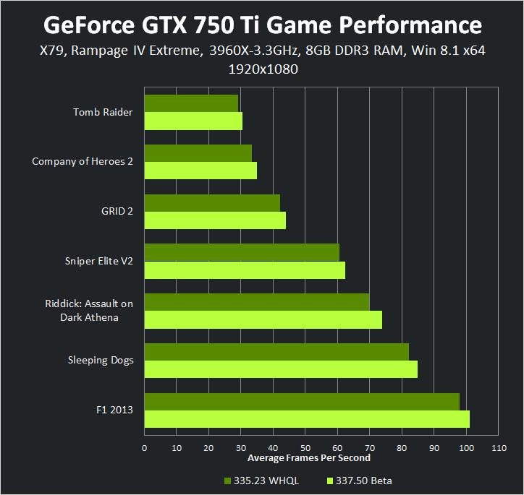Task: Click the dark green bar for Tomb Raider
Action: click(191, 103)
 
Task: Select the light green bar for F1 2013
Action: click(307, 419)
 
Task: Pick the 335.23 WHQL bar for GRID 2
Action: click(212, 203)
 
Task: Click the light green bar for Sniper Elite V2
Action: click(245, 270)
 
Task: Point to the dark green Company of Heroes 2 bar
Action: click(198, 153)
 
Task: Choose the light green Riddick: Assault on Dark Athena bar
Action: click(263, 319)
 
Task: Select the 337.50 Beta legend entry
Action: click(359, 481)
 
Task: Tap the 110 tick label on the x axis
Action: click(498, 449)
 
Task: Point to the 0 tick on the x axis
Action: click(145, 449)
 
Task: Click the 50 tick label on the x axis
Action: click(305, 449)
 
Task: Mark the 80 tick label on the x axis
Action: click(402, 449)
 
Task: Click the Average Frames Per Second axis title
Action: click(309, 458)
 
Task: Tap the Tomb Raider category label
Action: click(103, 112)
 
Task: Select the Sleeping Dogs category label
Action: click(101, 360)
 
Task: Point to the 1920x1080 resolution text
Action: click(263, 70)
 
